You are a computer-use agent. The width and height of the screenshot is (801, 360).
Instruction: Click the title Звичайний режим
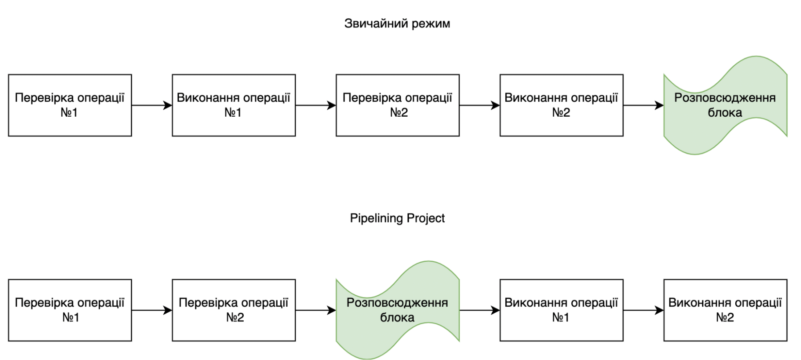[x=397, y=24]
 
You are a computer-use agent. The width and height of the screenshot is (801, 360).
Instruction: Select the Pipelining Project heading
[x=397, y=218]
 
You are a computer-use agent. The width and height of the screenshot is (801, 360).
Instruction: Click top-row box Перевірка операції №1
[x=70, y=105]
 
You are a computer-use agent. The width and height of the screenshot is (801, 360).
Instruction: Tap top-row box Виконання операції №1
[x=234, y=105]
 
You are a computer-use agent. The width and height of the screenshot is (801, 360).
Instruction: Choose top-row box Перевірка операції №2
[x=397, y=105]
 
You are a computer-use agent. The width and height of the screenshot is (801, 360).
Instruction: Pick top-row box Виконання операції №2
[x=561, y=105]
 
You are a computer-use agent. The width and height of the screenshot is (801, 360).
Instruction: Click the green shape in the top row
[x=725, y=105]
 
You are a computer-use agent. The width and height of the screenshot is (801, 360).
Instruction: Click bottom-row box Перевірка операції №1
[x=70, y=310]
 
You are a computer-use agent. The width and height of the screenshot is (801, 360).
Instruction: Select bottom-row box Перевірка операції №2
[x=234, y=310]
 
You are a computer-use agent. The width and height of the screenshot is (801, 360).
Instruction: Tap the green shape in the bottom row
[x=397, y=310]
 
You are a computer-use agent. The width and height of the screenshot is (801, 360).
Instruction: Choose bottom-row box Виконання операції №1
[x=561, y=310]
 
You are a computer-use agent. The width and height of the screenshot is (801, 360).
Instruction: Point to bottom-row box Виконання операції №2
[x=725, y=310]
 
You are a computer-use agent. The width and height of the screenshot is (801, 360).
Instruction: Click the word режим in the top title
[x=431, y=24]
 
